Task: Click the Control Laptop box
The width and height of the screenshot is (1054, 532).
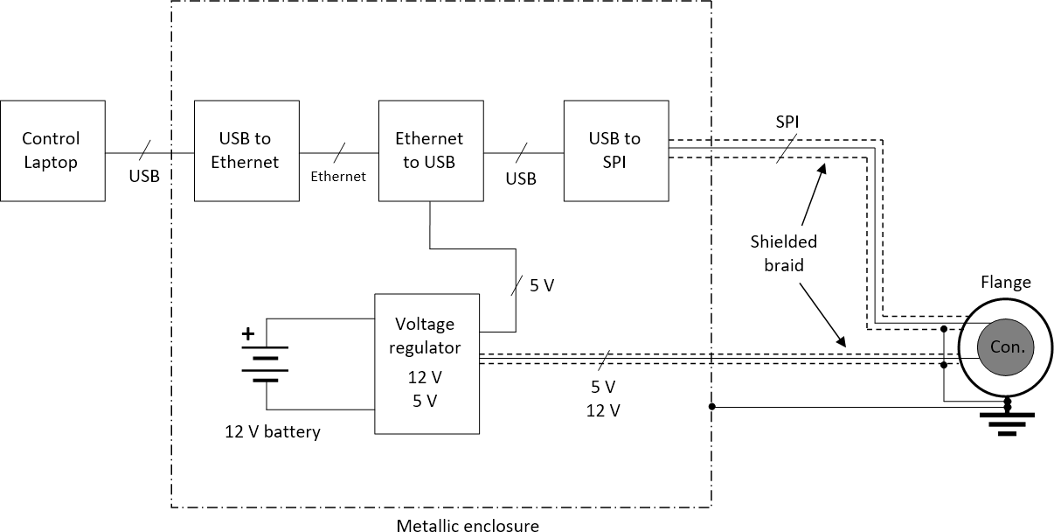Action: [x=52, y=150]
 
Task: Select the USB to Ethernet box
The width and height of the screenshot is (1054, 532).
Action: [x=246, y=150]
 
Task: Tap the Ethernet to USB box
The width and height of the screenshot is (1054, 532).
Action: [x=430, y=150]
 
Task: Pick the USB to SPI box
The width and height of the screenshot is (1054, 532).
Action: [x=614, y=150]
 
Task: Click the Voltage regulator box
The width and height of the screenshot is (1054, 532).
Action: [x=426, y=363]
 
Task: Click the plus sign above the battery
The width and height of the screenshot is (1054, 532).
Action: [x=248, y=333]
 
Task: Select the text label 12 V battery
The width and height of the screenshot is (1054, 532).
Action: [x=273, y=432]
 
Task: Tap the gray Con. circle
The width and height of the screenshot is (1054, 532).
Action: [x=1005, y=346]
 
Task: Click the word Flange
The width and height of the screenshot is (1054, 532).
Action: [x=1005, y=283]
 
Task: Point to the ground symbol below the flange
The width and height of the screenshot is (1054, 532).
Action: [x=1007, y=423]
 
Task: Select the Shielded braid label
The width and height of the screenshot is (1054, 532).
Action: [x=783, y=253]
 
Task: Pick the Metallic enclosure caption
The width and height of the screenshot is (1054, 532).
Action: [x=468, y=526]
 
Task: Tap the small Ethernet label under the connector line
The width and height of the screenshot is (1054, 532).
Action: [x=338, y=177]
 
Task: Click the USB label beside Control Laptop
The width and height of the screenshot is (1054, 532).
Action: [x=144, y=176]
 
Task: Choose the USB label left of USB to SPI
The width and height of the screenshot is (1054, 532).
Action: [x=521, y=178]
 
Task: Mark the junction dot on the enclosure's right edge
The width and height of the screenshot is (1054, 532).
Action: [x=712, y=407]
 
